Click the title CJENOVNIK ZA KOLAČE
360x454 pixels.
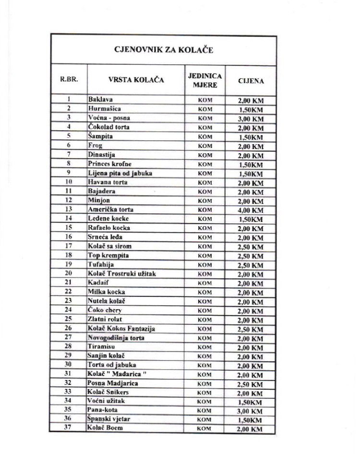[163, 49]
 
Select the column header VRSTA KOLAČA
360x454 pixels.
[135, 80]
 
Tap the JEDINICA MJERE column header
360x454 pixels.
[204, 80]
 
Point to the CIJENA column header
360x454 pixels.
[251, 81]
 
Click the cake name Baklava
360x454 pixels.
[100, 99]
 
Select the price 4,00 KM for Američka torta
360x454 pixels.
[251, 210]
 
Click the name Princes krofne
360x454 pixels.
[109, 164]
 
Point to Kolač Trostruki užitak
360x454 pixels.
[122, 274]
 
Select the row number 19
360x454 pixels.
[69, 264]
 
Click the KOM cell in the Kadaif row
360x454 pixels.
[204, 283]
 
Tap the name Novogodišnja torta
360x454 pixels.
[116, 338]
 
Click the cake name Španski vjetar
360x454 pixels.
[109, 418]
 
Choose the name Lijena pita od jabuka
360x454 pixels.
[120, 173]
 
